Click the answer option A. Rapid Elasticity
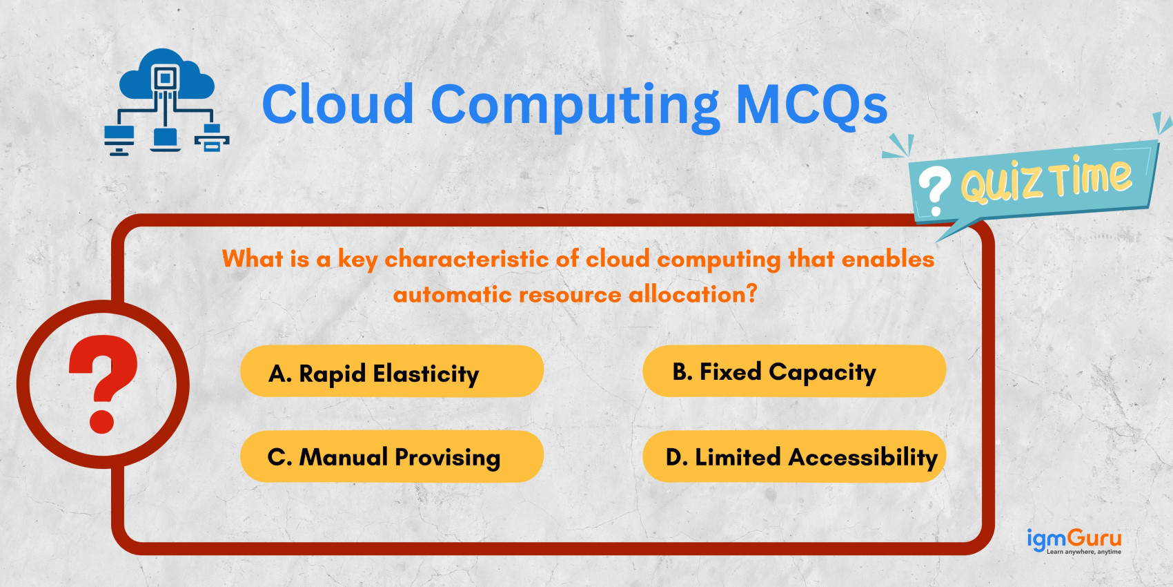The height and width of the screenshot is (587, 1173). [x=391, y=372]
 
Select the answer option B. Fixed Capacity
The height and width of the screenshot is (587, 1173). [x=793, y=372]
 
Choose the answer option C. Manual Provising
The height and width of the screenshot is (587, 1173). [x=391, y=456]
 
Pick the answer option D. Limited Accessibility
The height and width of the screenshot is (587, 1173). [x=793, y=456]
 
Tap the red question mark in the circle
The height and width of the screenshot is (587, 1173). [x=103, y=384]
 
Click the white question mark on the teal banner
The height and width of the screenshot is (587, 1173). [x=934, y=191]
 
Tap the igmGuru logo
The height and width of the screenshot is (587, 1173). [x=1074, y=538]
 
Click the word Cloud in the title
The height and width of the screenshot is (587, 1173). [x=337, y=104]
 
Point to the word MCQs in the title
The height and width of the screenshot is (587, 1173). [x=811, y=104]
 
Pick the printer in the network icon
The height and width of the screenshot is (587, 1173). [x=212, y=138]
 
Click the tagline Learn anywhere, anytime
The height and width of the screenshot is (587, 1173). [x=1083, y=552]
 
